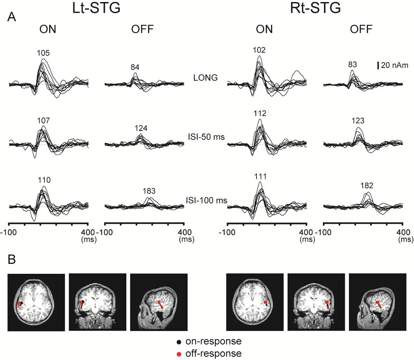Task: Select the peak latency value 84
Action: click(135, 67)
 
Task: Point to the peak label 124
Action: click(141, 128)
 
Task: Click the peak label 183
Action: click(149, 191)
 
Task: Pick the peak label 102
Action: click(259, 50)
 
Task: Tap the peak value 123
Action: click(358, 121)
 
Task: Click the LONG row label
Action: click(205, 77)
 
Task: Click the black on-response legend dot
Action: click(178, 343)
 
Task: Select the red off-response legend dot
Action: click(178, 353)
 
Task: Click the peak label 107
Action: click(43, 121)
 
